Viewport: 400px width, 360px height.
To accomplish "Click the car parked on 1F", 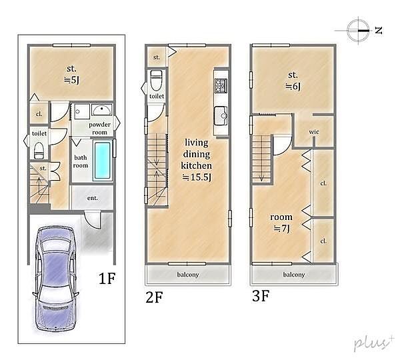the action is tap(55, 278).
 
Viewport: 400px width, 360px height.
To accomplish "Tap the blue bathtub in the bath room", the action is tap(102, 160).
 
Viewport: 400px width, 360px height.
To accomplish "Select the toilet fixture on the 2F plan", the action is tap(156, 80).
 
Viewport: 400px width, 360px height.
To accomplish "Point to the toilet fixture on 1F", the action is tap(39, 151).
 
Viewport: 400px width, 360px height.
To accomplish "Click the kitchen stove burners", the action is tap(221, 86).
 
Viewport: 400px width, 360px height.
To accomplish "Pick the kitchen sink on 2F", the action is tap(221, 116).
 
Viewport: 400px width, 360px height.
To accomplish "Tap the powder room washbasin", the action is tap(101, 110).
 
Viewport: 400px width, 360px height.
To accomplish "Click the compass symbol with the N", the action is tap(359, 31).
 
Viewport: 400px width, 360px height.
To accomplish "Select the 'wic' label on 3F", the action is tap(314, 132).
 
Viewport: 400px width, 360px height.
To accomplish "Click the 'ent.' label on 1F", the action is tap(93, 198).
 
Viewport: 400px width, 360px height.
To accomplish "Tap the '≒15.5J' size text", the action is tap(197, 177).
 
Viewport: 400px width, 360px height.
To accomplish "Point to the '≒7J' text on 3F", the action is tap(281, 229).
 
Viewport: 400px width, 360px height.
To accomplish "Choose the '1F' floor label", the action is tap(107, 278).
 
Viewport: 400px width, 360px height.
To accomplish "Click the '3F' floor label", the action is tap(261, 296).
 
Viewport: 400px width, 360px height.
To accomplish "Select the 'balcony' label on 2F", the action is tap(188, 275).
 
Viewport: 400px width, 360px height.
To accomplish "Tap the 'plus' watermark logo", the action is tap(373, 343).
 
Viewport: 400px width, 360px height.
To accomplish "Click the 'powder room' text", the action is tap(99, 129).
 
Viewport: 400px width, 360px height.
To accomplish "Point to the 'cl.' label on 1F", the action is tap(39, 114).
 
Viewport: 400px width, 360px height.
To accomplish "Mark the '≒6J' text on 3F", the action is tap(293, 87).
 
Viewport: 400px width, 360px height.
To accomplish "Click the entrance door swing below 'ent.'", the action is tap(93, 220).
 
